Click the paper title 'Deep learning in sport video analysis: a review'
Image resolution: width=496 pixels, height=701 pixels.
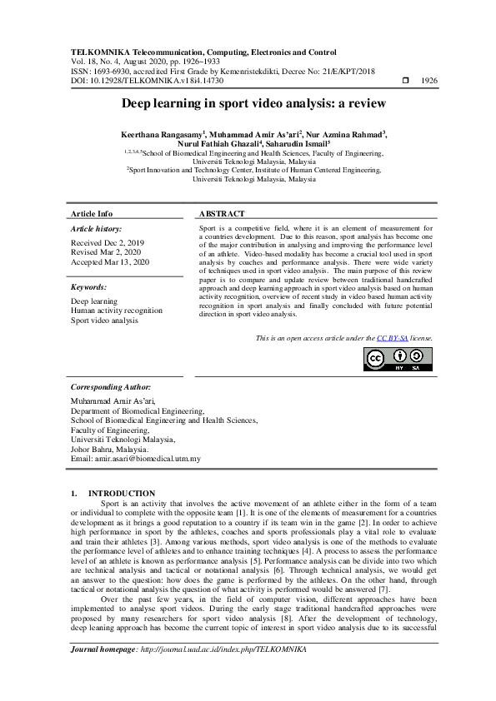[x=248, y=103]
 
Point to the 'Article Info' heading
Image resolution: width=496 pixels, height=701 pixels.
[x=92, y=214]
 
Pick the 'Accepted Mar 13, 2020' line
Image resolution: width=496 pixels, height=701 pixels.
[x=109, y=261]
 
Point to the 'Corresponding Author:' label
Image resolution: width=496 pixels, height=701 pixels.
[x=110, y=387]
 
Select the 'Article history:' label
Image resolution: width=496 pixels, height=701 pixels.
[x=96, y=228]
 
